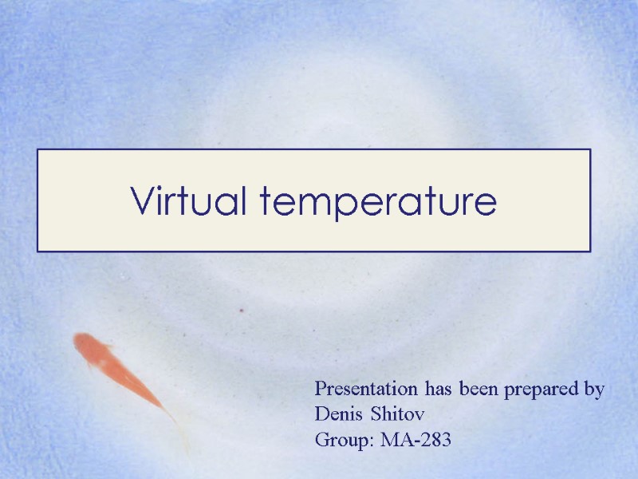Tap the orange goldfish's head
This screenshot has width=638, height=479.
(85, 346)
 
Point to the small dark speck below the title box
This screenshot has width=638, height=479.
(242, 310)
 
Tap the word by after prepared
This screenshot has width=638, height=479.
(594, 390)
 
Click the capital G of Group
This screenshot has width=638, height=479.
(322, 439)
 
